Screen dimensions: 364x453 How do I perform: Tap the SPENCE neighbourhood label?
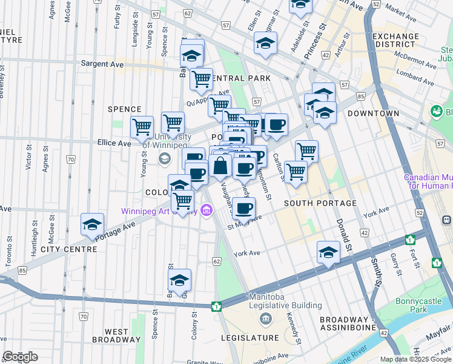click(124, 109)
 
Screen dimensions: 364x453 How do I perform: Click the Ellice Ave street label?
click(114, 144)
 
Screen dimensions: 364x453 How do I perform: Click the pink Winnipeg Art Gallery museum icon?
click(207, 211)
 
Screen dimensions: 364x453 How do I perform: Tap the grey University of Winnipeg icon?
click(164, 158)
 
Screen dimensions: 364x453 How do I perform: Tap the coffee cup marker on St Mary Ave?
click(244, 209)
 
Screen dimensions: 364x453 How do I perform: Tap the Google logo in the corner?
click(20, 357)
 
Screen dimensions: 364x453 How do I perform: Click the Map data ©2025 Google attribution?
click(415, 359)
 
